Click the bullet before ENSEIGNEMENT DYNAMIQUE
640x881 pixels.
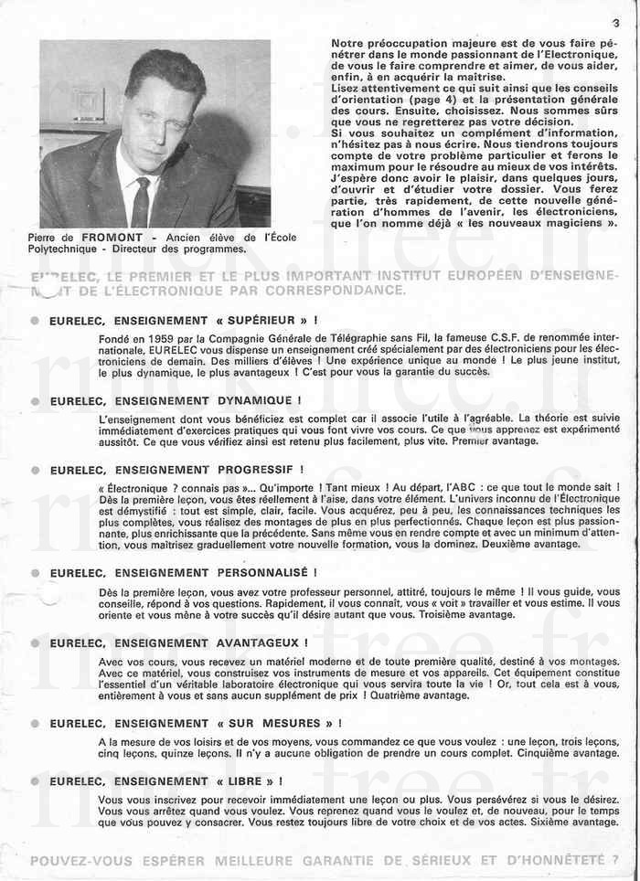tap(35, 401)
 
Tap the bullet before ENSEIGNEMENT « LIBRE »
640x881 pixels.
tap(35, 782)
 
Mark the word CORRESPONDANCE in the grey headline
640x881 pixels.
tap(332, 291)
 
